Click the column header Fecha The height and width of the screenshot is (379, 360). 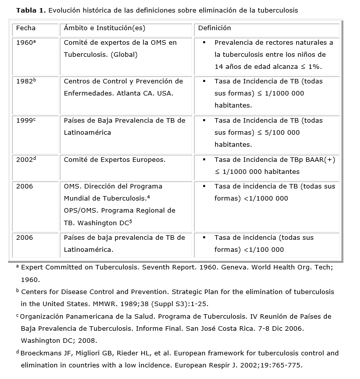coord(26,29)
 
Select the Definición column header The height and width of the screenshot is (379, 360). coord(214,29)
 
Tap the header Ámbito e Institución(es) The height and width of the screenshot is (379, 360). coord(105,29)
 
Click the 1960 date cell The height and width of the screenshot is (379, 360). coord(25,43)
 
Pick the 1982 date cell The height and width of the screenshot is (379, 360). coord(26,81)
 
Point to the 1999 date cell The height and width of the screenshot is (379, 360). coord(25,121)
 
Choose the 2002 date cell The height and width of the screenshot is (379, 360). coord(26,160)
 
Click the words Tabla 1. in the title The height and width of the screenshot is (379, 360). coord(31,11)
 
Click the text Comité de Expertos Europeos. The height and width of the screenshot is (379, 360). coord(115,160)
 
